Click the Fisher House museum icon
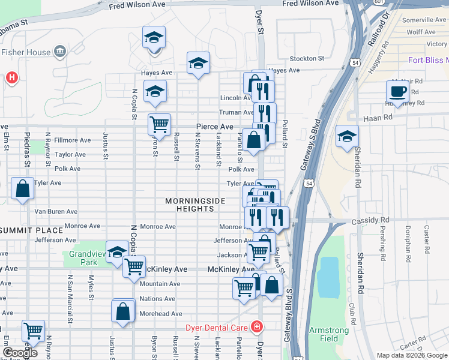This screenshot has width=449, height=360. (x=60, y=52)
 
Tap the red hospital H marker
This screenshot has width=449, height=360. (x=11, y=77)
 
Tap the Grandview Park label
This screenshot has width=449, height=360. (x=83, y=258)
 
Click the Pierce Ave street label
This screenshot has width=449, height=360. (x=214, y=127)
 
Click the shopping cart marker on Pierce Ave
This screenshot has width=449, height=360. (x=159, y=124)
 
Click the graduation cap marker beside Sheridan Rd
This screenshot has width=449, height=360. (x=347, y=136)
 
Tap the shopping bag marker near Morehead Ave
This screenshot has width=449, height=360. (x=123, y=311)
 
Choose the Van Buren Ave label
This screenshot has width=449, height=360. (x=56, y=212)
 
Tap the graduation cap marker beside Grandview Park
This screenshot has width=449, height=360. (x=117, y=251)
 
